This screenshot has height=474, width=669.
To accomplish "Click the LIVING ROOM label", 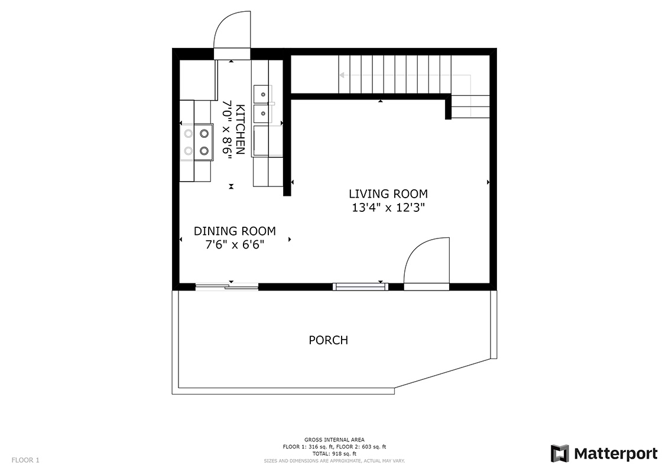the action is point(388,194).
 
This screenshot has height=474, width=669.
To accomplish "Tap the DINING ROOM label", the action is point(235,231).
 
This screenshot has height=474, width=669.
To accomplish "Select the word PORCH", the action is point(329,340).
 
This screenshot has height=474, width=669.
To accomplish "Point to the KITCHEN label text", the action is point(240,130).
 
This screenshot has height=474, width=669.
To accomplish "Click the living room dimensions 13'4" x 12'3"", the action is point(388,208).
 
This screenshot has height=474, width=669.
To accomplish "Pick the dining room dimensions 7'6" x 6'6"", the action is point(235,245).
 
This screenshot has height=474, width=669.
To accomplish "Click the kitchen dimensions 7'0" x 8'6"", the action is point(226,130).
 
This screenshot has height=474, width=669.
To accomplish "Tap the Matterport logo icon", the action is point(559,453).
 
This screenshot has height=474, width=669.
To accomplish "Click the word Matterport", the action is point(616,453).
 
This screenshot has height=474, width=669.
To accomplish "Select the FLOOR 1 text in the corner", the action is point(25,460).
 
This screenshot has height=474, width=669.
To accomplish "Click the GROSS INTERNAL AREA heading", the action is point(334,440).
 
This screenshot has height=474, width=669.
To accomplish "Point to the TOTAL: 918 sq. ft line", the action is point(334,453).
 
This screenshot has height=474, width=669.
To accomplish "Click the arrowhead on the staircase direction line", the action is point(342,76).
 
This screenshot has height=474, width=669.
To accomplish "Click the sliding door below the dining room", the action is point(227,286).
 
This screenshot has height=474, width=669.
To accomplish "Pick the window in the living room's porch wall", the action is point(361,286).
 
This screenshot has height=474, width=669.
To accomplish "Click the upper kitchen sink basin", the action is point(261,94).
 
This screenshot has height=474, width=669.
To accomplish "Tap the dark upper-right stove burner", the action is point(204,134).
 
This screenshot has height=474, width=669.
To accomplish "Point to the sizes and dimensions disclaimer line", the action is point(334,461).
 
